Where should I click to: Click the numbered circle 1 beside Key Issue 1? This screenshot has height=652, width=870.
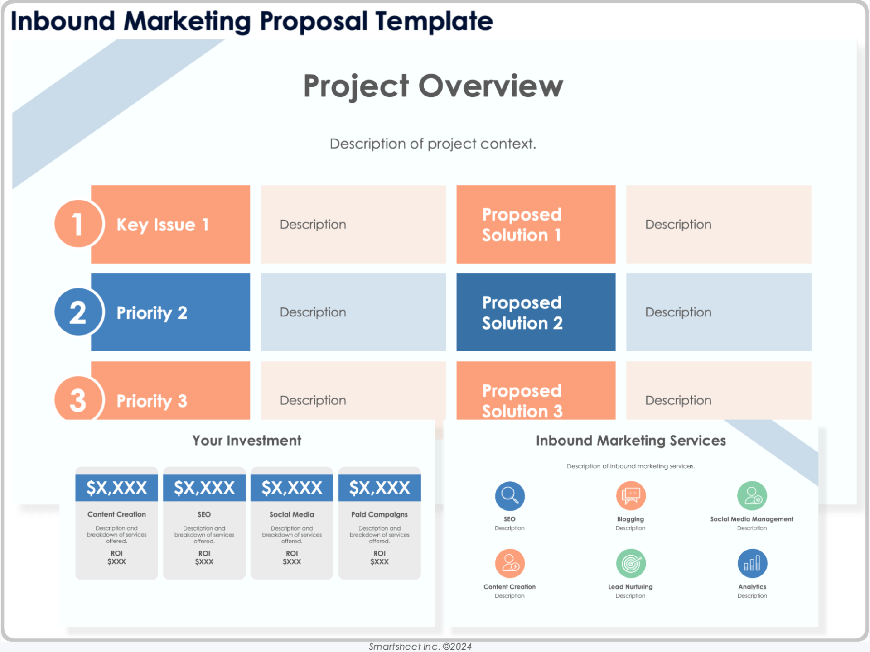(x=78, y=224)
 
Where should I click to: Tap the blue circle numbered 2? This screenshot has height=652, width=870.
(x=78, y=312)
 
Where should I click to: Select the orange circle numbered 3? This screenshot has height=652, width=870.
(x=78, y=398)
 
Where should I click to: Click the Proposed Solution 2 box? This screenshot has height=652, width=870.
(x=536, y=312)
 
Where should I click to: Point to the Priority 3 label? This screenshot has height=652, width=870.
(x=152, y=401)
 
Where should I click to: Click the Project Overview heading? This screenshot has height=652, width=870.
(x=433, y=86)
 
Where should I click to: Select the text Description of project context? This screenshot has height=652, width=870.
(x=433, y=144)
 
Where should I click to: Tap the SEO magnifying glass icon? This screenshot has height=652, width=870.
(x=510, y=496)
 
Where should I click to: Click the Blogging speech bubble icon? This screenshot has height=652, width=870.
(x=631, y=495)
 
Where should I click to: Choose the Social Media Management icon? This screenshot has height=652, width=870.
(x=752, y=495)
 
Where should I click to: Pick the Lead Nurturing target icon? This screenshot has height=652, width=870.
(x=631, y=564)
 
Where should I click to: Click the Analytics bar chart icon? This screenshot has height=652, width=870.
(x=752, y=564)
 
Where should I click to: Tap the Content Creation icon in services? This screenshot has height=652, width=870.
(x=510, y=564)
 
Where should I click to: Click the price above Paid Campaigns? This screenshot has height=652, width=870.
(x=379, y=488)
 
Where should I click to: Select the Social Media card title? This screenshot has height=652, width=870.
(x=292, y=514)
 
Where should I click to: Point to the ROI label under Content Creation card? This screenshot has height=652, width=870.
(x=116, y=553)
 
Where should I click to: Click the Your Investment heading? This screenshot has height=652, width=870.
(x=246, y=441)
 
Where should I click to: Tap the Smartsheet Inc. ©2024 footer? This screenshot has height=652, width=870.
(x=420, y=647)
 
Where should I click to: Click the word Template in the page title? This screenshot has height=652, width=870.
(x=434, y=21)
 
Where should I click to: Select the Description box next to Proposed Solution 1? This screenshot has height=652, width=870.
(x=719, y=224)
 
